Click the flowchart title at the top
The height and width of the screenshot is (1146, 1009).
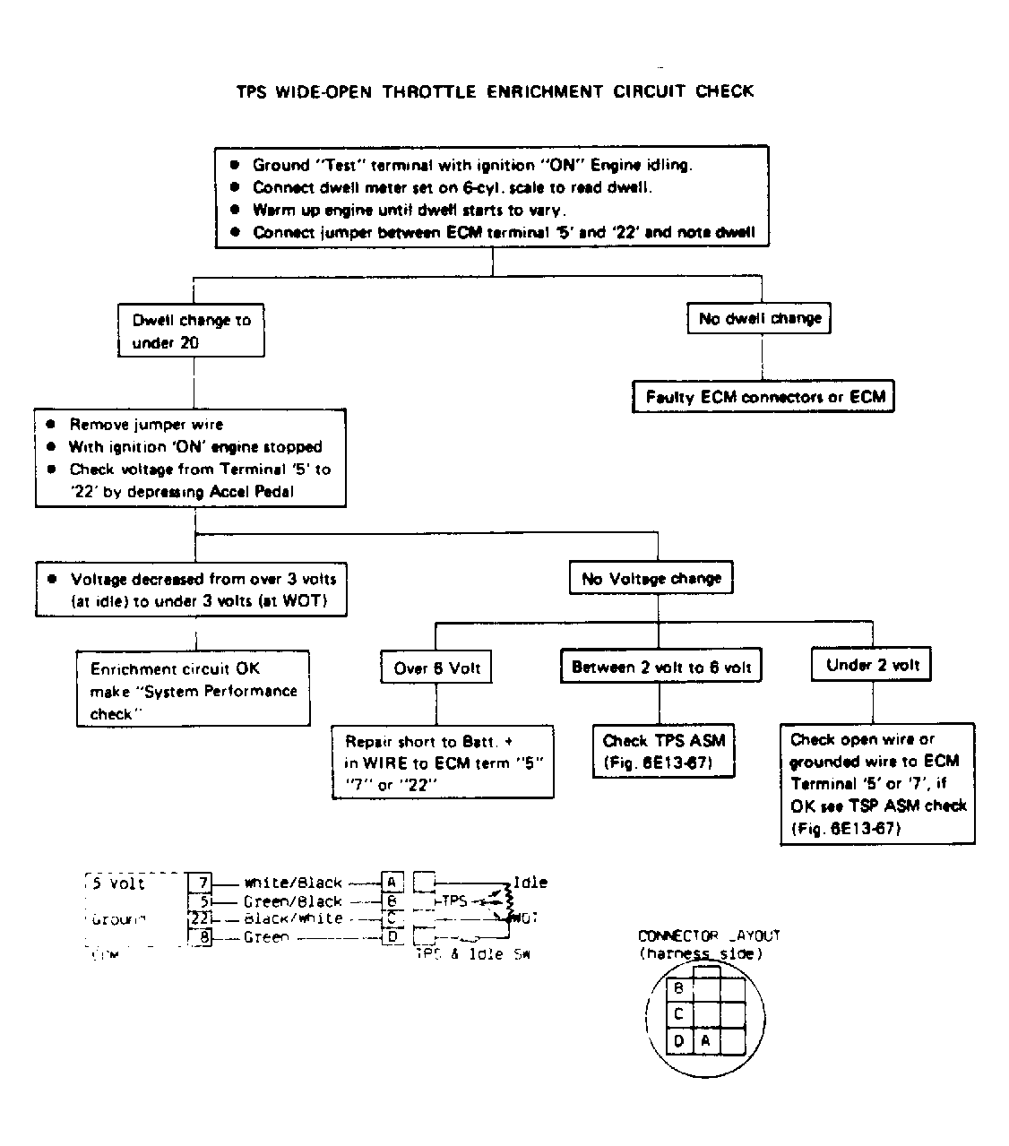[x=495, y=90]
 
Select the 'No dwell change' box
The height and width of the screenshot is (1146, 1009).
[x=759, y=318]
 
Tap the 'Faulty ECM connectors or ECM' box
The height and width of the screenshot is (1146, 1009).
[x=763, y=397]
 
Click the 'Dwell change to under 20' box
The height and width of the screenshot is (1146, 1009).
[x=191, y=332]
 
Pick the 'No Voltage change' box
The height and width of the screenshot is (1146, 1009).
[x=651, y=579]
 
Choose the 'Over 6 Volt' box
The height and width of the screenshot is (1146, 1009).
[x=436, y=668]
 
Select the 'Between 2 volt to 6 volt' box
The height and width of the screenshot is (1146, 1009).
[x=661, y=667]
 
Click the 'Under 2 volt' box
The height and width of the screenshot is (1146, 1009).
[x=872, y=665]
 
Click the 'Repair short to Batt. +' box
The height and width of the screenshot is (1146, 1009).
[x=443, y=763]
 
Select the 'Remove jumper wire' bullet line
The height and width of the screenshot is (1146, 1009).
[x=146, y=425]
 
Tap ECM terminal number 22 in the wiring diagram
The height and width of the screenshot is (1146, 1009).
[x=200, y=918]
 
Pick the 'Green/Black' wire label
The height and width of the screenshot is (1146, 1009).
[x=293, y=901]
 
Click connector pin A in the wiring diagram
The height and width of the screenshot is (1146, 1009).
[x=391, y=882]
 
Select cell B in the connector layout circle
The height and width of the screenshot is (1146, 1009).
[x=679, y=988]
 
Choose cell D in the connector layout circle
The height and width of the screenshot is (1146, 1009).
[x=679, y=1040]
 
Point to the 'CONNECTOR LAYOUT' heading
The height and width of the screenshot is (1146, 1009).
[x=709, y=935]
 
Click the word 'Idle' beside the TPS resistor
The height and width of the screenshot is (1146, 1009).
[x=530, y=883]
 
